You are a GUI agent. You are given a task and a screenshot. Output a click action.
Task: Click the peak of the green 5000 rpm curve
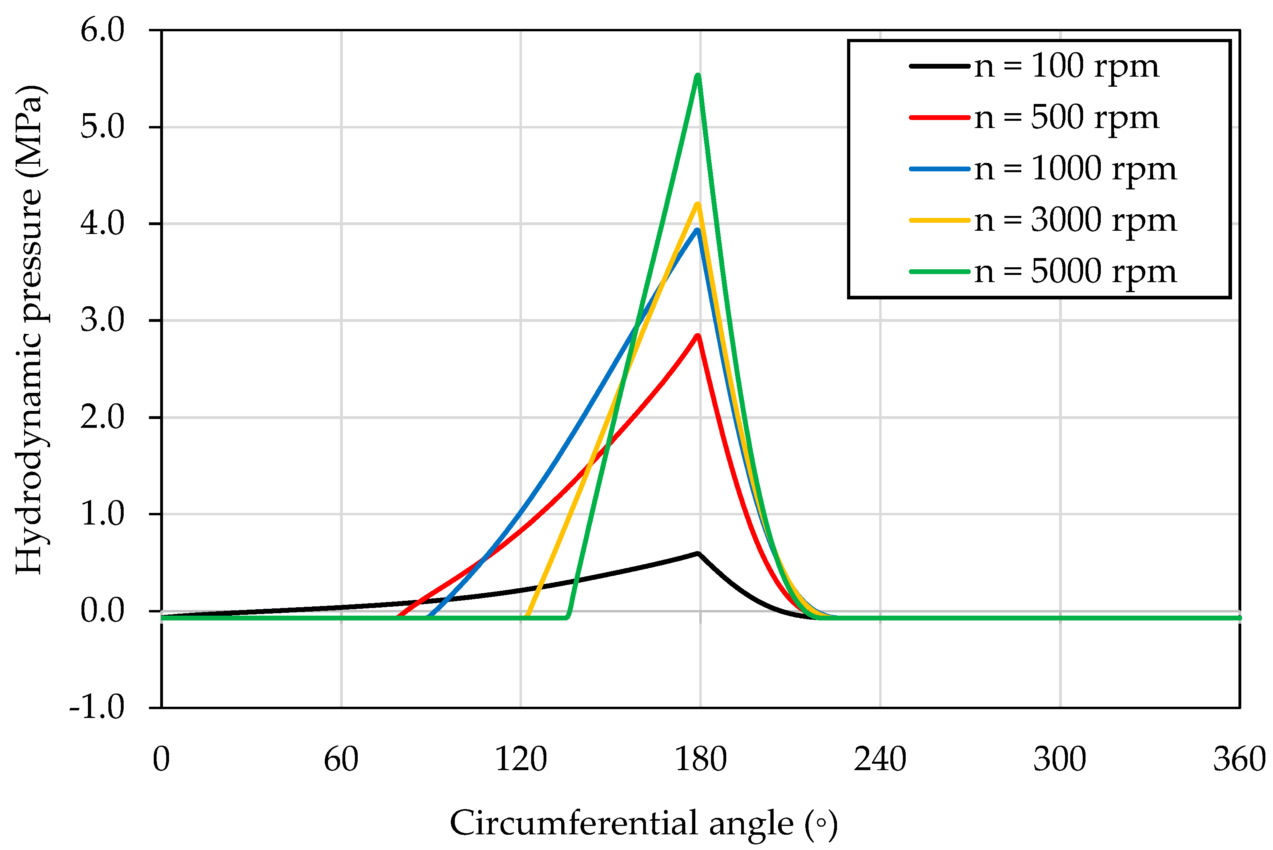point(698,76)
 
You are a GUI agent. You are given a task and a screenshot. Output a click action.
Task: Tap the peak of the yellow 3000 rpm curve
point(698,204)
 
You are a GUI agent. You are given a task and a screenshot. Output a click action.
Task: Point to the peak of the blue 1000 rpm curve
point(698,230)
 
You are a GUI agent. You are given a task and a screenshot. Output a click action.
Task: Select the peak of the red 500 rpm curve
point(698,336)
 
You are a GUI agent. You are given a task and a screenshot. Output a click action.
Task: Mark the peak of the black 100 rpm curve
point(698,553)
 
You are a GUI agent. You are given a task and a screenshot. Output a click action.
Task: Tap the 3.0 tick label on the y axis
point(102,320)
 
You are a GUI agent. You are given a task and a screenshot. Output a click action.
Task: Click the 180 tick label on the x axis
point(700,759)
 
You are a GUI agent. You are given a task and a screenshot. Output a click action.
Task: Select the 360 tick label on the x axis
point(1239,759)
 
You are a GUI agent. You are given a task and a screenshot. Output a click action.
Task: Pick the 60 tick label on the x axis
point(341,759)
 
